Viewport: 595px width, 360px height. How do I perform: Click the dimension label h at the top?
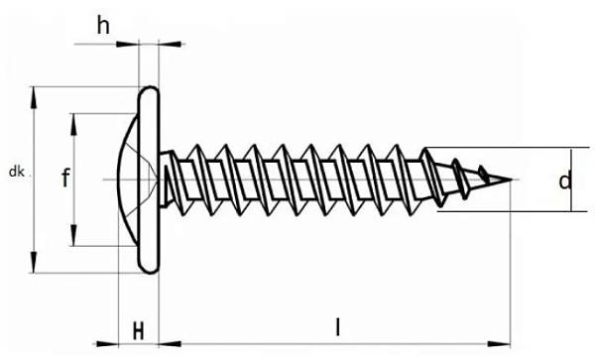tap(103, 26)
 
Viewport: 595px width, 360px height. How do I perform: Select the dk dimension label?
tap(16, 172)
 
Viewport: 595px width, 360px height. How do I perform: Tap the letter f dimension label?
tap(65, 178)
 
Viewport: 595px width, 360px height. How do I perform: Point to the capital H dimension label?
tap(139, 331)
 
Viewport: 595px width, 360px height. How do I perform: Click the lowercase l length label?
tap(337, 327)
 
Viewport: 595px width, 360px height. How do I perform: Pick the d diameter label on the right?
tap(564, 180)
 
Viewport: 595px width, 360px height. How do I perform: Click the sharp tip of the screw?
tap(511, 180)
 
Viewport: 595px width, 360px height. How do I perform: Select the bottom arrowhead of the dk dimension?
tap(34, 262)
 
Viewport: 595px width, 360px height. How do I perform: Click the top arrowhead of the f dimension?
tap(73, 124)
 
